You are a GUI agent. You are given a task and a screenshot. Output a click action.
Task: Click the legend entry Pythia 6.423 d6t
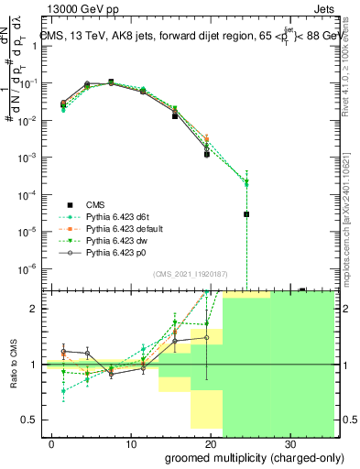tap(116, 215)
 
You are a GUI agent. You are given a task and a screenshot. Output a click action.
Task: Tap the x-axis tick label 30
tap(293, 443)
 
